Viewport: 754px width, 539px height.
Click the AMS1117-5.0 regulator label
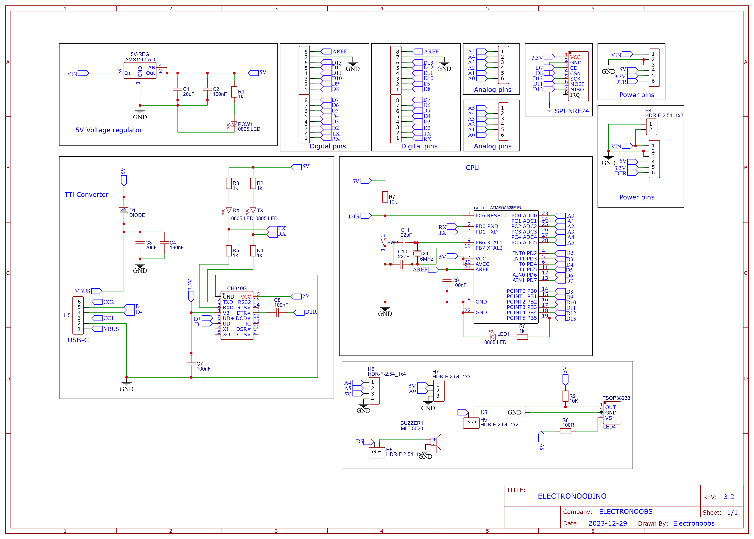pyautogui.click(x=140, y=60)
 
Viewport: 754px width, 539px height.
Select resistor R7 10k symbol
pyautogui.click(x=385, y=197)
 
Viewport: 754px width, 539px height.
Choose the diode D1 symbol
pyautogui.click(x=124, y=210)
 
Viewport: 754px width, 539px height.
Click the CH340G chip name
pyautogui.click(x=237, y=288)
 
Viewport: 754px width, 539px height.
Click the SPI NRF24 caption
pyautogui.click(x=572, y=111)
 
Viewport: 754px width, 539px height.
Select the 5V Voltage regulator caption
pyautogui.click(x=109, y=130)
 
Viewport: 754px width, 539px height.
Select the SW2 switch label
pyautogui.click(x=392, y=243)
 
